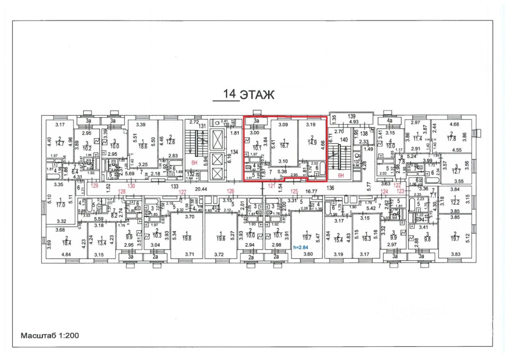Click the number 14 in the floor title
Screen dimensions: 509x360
pos(229,94)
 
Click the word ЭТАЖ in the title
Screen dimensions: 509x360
pos(257,95)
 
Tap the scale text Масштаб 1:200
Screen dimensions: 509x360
pos(50,335)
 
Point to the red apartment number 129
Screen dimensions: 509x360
pos(94,186)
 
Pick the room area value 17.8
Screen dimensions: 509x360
pos(452,139)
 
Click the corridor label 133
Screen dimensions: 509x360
pos(174,186)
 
